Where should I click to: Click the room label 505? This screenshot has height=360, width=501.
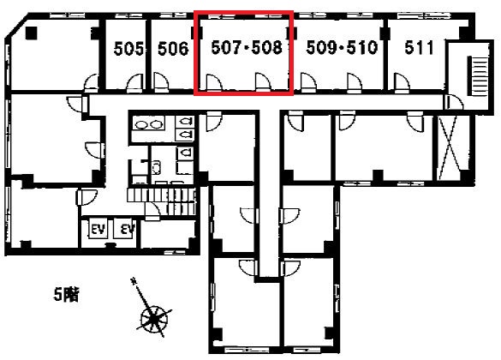[128, 49]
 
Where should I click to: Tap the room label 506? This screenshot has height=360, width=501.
[173, 49]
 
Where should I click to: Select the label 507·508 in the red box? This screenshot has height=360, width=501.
[247, 47]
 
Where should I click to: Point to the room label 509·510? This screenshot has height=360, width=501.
[342, 47]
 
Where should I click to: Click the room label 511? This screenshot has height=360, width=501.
[419, 47]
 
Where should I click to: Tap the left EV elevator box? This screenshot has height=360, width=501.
[98, 228]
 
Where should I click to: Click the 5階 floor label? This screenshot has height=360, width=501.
[66, 295]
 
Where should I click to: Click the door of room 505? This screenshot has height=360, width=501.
[134, 83]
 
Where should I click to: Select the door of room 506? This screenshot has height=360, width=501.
[161, 82]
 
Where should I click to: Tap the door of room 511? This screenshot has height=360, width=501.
[402, 83]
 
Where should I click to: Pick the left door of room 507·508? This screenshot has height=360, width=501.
[214, 83]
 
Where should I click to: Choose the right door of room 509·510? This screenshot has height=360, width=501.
[355, 83]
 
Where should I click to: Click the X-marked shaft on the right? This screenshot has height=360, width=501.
[450, 147]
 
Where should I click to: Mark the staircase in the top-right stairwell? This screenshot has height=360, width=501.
[478, 75]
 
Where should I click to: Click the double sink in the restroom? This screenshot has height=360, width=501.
[148, 124]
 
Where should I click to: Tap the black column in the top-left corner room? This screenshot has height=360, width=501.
[32, 33]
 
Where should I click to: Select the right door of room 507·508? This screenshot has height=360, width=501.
[263, 83]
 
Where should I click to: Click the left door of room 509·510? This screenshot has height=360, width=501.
[308, 83]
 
